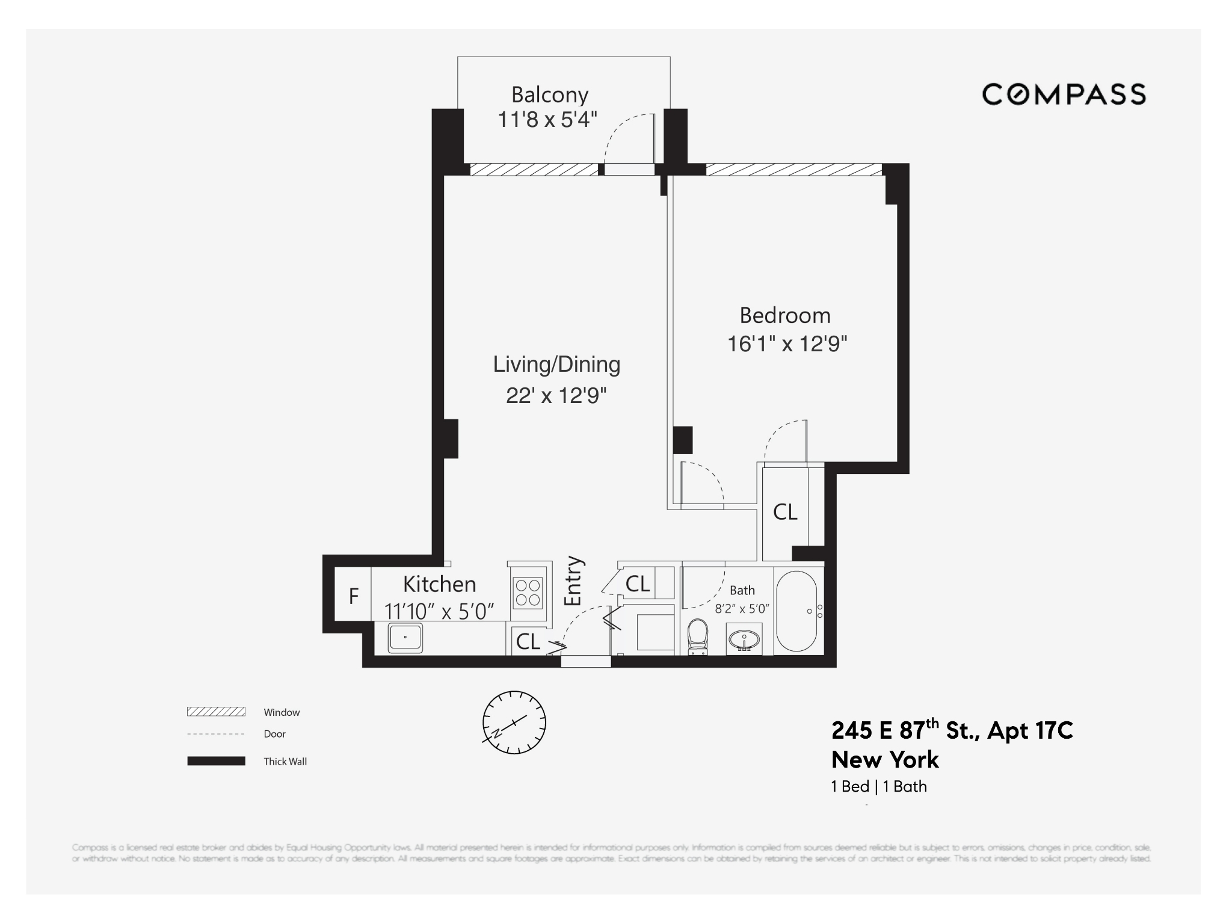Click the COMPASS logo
[x=1064, y=94]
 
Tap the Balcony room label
[x=549, y=94]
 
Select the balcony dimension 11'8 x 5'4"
[x=547, y=120]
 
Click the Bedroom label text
[x=784, y=315]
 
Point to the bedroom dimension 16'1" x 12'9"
[x=787, y=343]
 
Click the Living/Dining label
[x=556, y=364]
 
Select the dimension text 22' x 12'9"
[x=556, y=395]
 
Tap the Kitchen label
[x=439, y=584]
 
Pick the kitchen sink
[x=405, y=638]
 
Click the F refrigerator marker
[x=354, y=596]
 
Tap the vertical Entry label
[x=573, y=581]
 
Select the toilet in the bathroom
[x=698, y=636]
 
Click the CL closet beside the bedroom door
[x=785, y=512]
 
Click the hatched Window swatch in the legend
[x=216, y=712]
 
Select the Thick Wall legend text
[x=285, y=762]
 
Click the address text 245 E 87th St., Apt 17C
[x=952, y=730]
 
